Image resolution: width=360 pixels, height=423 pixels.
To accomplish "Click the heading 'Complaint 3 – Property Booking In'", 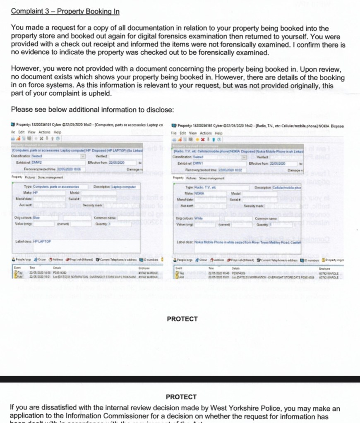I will click(x=65, y=11).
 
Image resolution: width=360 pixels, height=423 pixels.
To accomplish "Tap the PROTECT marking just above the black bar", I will click(x=182, y=319).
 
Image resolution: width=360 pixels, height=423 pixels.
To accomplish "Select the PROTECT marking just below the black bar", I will click(x=181, y=397).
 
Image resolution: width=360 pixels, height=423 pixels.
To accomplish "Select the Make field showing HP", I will click(x=36, y=193).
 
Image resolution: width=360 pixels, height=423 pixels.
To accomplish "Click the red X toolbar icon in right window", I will click(x=203, y=139).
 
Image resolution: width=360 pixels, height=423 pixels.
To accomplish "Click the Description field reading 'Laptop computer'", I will click(x=125, y=187).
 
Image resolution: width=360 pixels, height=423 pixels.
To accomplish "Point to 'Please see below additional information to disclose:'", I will click(x=92, y=110).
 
